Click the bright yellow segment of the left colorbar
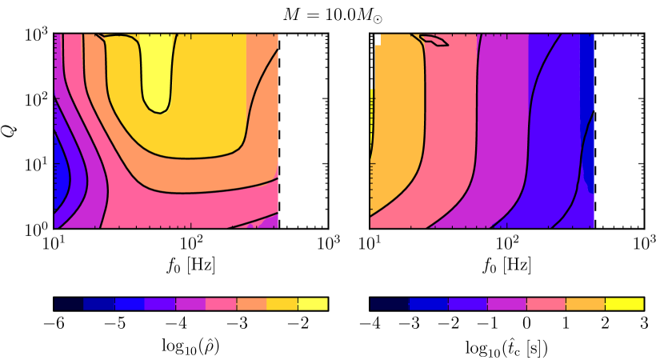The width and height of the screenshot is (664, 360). [313, 304]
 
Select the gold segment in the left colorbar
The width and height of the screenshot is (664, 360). [282, 304]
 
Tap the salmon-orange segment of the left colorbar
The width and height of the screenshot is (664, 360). [251, 304]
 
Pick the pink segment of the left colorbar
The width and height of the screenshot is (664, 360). [221, 304]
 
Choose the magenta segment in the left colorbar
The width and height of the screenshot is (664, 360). [190, 304]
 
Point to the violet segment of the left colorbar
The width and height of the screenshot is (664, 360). [160, 304]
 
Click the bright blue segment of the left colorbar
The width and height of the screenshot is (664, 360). [130, 304]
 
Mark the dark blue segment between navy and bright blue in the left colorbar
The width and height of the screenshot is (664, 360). [99, 304]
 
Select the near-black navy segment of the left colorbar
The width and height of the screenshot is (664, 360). [69, 304]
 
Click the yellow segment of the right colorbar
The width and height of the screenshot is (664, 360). [624, 304]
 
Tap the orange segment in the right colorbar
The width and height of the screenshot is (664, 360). [585, 304]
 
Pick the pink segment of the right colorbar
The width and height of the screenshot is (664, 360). [546, 304]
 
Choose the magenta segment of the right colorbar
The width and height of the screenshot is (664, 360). [507, 304]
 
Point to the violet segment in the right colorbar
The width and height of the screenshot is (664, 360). [468, 304]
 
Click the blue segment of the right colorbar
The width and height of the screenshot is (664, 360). [429, 304]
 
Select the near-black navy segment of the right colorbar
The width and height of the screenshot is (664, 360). [390, 304]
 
